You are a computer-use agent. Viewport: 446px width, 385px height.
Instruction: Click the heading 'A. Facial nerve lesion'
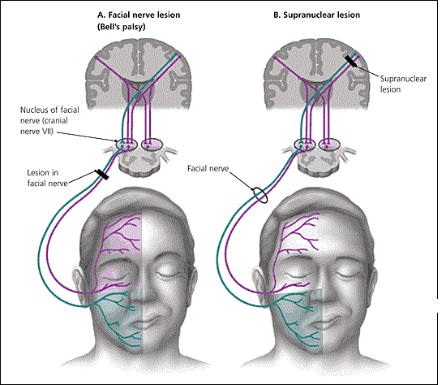[139, 15]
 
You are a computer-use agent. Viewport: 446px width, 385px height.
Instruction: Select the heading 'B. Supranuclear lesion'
[316, 15]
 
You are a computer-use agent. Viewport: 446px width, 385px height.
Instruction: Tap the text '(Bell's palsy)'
[122, 27]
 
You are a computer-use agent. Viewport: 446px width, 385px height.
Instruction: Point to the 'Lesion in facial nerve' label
[47, 178]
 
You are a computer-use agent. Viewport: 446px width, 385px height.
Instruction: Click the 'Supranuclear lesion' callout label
[403, 84]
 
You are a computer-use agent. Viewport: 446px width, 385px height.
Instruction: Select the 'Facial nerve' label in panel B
[208, 169]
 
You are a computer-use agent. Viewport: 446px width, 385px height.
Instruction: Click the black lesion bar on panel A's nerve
[102, 175]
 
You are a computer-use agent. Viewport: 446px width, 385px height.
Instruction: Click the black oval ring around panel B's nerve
[260, 196]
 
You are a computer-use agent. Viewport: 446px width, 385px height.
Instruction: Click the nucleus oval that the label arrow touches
[127, 145]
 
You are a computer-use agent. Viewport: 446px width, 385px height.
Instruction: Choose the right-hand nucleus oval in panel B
[329, 145]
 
